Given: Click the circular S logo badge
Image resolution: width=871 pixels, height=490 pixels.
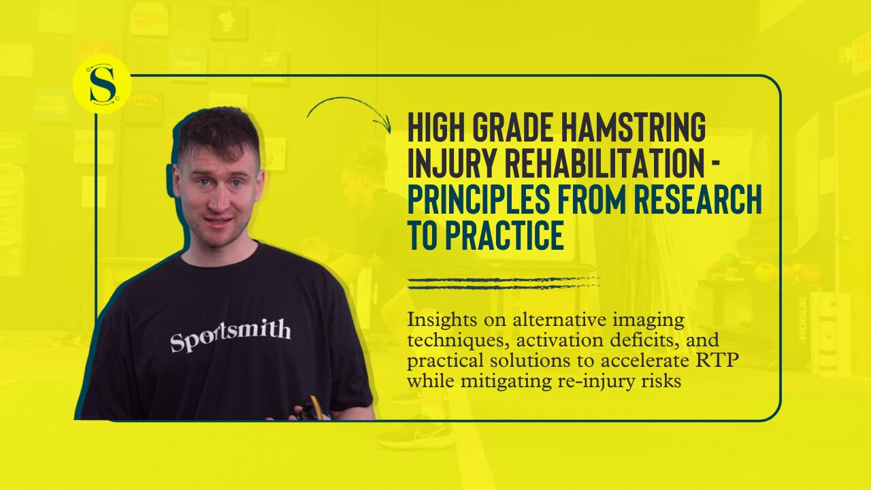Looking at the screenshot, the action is pyautogui.click(x=102, y=85).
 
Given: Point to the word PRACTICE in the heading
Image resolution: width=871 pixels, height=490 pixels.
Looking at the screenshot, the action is pyautogui.click(x=504, y=235).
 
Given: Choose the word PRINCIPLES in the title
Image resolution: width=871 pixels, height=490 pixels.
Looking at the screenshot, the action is pyautogui.click(x=478, y=199).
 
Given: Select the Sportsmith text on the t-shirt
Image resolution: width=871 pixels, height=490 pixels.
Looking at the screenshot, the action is pyautogui.click(x=231, y=335).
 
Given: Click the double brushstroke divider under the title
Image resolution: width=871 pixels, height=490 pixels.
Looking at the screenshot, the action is pyautogui.click(x=504, y=284).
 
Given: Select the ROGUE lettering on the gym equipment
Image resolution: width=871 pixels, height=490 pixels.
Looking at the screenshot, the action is pyautogui.click(x=802, y=317).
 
